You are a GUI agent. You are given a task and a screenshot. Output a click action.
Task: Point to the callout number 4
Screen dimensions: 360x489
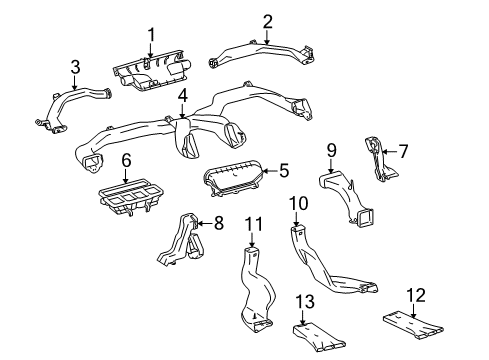pyautogui.click(x=183, y=95)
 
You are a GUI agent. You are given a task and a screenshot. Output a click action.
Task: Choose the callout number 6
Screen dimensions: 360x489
pyautogui.click(x=126, y=159)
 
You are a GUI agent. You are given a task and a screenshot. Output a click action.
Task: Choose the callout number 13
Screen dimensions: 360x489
pyautogui.click(x=336, y=302)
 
